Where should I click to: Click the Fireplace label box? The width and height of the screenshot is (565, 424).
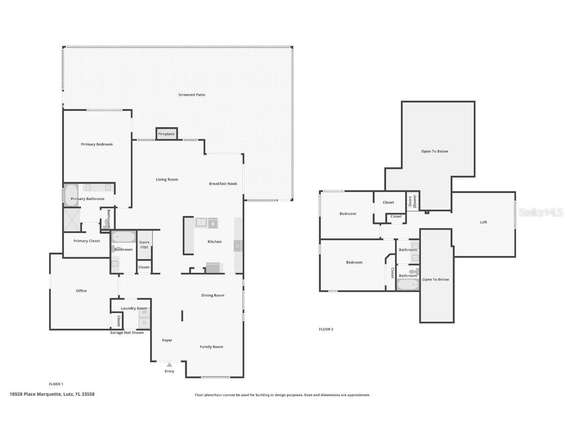166,133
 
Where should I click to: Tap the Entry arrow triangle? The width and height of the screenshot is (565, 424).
169,365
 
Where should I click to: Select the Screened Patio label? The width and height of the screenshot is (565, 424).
192,95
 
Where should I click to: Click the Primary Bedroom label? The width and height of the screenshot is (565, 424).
97,144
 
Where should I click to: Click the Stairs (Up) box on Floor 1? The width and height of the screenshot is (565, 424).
144,244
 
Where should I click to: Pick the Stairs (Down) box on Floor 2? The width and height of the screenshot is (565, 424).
412,201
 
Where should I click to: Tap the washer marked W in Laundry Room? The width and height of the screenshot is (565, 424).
144,312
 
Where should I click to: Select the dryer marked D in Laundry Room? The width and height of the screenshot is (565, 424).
144,323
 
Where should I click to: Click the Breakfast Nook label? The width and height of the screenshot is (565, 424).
223,184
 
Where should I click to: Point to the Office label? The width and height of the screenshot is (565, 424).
81,291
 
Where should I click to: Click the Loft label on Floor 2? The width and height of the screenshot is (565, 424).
483,222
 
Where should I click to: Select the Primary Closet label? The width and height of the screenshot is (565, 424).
87,241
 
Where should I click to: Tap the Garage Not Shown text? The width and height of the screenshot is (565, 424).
127,333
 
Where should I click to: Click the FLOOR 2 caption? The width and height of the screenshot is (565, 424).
326,329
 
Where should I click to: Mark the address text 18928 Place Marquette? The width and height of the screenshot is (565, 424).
52,394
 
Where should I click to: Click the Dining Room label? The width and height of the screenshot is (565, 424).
212,295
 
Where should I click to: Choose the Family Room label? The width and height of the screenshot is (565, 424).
211,347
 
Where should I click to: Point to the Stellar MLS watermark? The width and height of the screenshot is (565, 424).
541,212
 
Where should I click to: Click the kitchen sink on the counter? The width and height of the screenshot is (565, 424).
201,222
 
